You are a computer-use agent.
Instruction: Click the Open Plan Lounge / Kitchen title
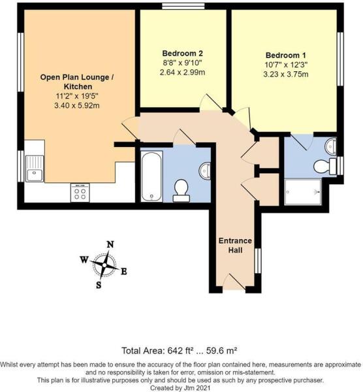tap(78, 81)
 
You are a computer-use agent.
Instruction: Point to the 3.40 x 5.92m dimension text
tap(78, 106)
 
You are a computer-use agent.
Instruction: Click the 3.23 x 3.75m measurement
tap(287, 74)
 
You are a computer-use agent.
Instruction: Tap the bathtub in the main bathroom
tap(151, 175)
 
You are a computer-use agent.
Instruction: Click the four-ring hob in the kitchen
tap(80, 191)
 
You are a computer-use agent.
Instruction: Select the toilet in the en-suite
tap(323, 167)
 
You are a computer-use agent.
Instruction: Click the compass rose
tap(103, 265)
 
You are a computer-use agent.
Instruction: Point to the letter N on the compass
tap(110, 244)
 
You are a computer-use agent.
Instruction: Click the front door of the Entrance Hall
tap(233, 283)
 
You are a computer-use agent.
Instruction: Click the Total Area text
tap(181, 350)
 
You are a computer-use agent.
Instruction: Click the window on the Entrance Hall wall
tap(256, 259)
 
